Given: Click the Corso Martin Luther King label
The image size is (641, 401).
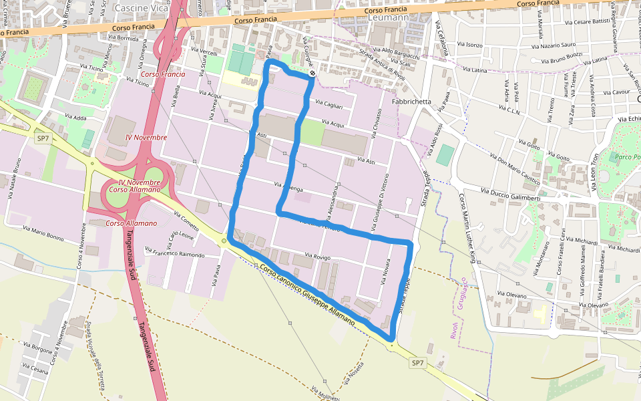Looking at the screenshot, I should tap(467, 227).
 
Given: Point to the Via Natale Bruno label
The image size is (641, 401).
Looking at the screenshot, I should tap(15, 180).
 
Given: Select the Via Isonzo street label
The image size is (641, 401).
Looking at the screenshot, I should tap(470, 45).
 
